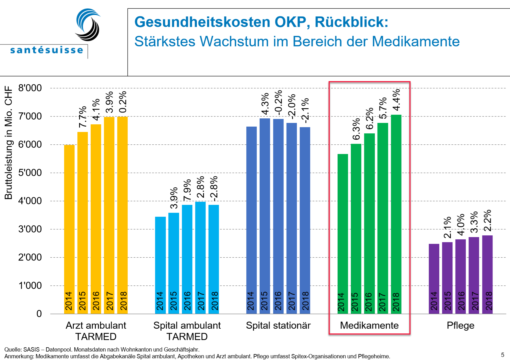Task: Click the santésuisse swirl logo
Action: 88,25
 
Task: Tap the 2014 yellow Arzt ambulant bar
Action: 69,229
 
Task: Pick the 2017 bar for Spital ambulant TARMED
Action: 200,257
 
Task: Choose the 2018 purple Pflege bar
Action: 487,274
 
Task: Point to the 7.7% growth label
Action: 83,117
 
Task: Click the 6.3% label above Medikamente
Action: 356,129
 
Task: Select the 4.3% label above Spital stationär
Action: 265,104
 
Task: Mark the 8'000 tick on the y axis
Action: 30,88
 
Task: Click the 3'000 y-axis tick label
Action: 30,229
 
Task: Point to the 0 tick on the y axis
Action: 39,314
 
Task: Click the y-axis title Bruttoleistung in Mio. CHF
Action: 9,143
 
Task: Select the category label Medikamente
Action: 369,325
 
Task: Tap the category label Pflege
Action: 460,325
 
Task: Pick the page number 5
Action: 502,355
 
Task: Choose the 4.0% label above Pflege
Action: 461,224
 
